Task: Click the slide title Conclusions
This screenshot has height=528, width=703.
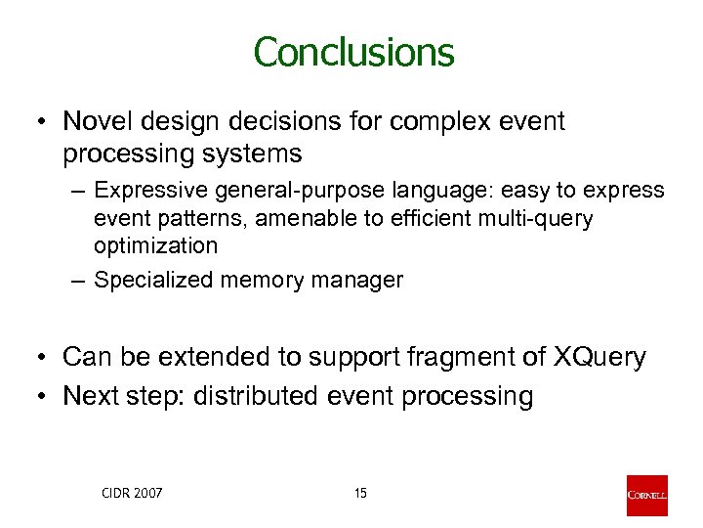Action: coord(353,52)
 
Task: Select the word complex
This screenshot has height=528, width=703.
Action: coord(438,121)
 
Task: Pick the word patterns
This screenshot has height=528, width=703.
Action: coord(196,218)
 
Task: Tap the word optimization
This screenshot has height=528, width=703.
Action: coord(155,245)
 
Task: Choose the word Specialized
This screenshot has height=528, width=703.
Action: coord(153,281)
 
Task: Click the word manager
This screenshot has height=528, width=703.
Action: coord(361,281)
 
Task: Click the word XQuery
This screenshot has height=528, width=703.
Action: coord(599,358)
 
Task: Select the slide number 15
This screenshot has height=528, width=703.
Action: coord(360,494)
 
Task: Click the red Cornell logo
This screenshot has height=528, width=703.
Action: coord(646,495)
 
